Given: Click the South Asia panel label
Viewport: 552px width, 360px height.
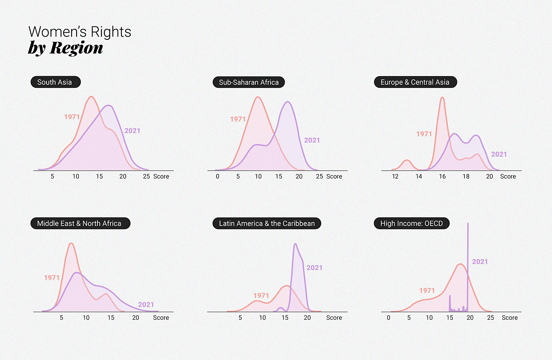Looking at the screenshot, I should tap(55, 82).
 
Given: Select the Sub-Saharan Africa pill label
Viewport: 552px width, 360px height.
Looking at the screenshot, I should tap(248, 82).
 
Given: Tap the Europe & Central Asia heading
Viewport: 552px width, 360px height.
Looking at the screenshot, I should tap(415, 82).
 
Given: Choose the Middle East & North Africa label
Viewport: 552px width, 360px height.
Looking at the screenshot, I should tap(80, 223).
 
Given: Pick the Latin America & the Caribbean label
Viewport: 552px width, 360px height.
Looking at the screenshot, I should tap(267, 223).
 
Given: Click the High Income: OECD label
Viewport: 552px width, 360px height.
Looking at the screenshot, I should tap(411, 223).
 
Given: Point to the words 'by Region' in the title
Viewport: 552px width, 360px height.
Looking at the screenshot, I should tap(65, 48).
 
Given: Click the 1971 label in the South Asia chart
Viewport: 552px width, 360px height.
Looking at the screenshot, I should tap(72, 117).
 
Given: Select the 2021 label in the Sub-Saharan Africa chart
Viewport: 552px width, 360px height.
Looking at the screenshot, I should tap(312, 140).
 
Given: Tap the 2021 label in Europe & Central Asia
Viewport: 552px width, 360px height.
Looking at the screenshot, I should tap(499, 154).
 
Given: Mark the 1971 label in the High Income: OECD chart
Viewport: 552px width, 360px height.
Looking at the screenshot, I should tap(427, 291).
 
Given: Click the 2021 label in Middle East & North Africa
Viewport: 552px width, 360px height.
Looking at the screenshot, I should tap(146, 304).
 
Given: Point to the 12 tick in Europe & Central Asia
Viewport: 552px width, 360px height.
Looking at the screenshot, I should tap(395, 176).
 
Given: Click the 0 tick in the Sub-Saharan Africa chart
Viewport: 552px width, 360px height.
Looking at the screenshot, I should tap(217, 176).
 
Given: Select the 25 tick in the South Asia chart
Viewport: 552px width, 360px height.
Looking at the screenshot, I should tap(146, 176).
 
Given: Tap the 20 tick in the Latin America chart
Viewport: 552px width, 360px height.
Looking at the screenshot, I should tap(307, 317).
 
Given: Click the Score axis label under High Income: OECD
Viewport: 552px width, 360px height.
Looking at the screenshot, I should tap(509, 317).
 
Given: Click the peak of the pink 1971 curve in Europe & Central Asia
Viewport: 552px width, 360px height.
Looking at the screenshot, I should tap(442, 97).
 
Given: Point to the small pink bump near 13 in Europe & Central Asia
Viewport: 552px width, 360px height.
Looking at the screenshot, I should tap(407, 160).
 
